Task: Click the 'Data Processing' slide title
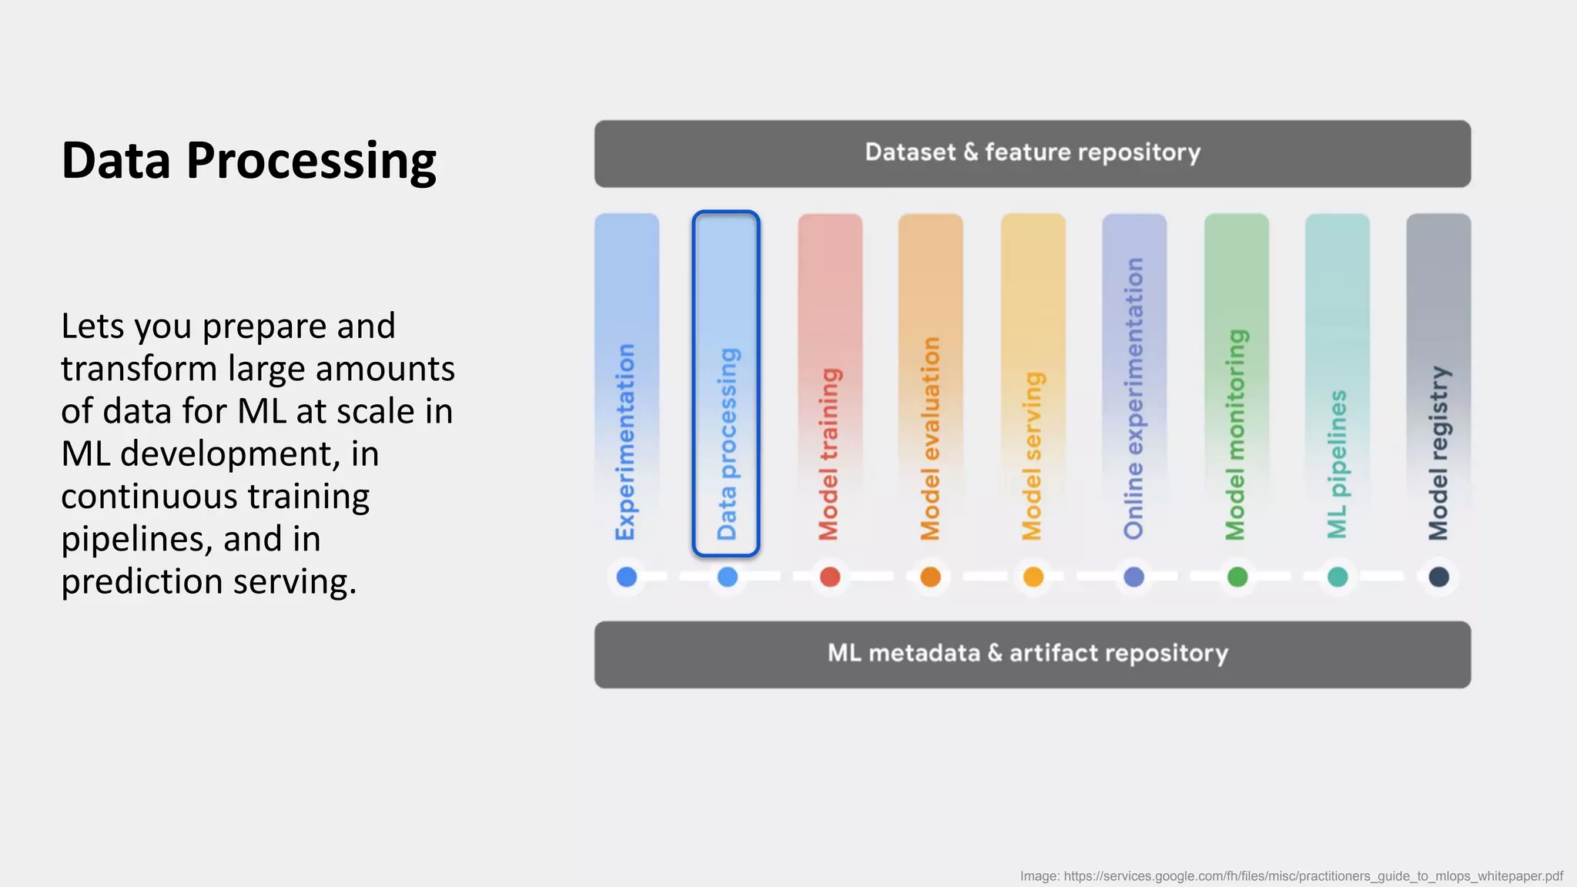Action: point(249,161)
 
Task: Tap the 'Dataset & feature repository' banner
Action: point(1032,153)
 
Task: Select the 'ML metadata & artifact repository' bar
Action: point(1032,654)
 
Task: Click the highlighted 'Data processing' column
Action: point(726,383)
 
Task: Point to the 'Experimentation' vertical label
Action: point(625,442)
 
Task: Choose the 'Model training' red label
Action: point(829,454)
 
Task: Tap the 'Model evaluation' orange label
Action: point(930,438)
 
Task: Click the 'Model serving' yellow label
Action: point(1032,456)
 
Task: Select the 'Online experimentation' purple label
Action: point(1133,398)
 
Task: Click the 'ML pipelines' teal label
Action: point(1337,464)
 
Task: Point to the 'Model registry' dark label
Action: point(1438,453)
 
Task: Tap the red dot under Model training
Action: point(829,577)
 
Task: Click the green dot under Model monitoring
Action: point(1237,577)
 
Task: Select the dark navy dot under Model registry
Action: point(1438,577)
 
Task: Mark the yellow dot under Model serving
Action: point(1033,577)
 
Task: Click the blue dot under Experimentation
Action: point(627,577)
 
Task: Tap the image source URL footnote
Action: point(1291,876)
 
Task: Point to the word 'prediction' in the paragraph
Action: point(142,582)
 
